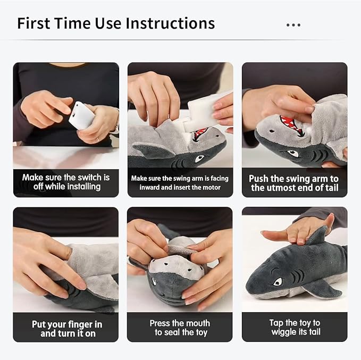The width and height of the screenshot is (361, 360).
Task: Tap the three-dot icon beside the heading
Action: [293, 25]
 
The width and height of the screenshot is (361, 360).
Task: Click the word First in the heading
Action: [33, 23]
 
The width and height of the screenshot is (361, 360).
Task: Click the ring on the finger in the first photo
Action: [97, 139]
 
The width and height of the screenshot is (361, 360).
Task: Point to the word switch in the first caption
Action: [89, 178]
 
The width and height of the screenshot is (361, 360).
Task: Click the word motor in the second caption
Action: [211, 187]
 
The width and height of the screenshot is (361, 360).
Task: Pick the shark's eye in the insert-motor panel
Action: [199, 158]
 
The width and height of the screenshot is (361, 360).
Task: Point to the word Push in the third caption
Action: [258, 179]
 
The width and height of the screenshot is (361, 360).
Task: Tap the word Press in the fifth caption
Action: [160, 323]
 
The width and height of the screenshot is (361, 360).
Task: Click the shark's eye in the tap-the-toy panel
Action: [278, 282]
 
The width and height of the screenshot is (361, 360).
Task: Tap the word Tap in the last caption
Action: [276, 323]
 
